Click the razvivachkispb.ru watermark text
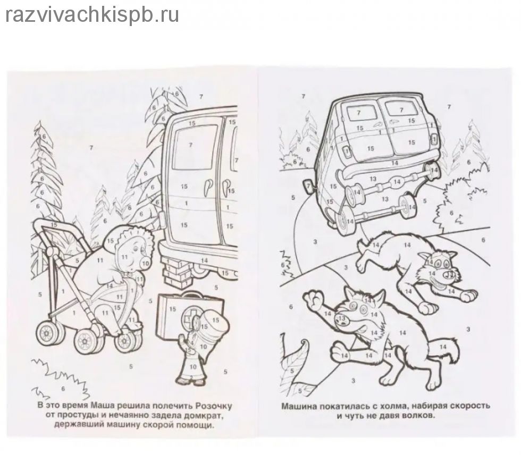(x=93, y=14)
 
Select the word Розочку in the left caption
(x=214, y=406)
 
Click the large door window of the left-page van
(x=190, y=147)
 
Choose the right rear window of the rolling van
(x=401, y=109)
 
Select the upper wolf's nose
(x=450, y=274)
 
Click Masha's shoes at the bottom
(x=190, y=381)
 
